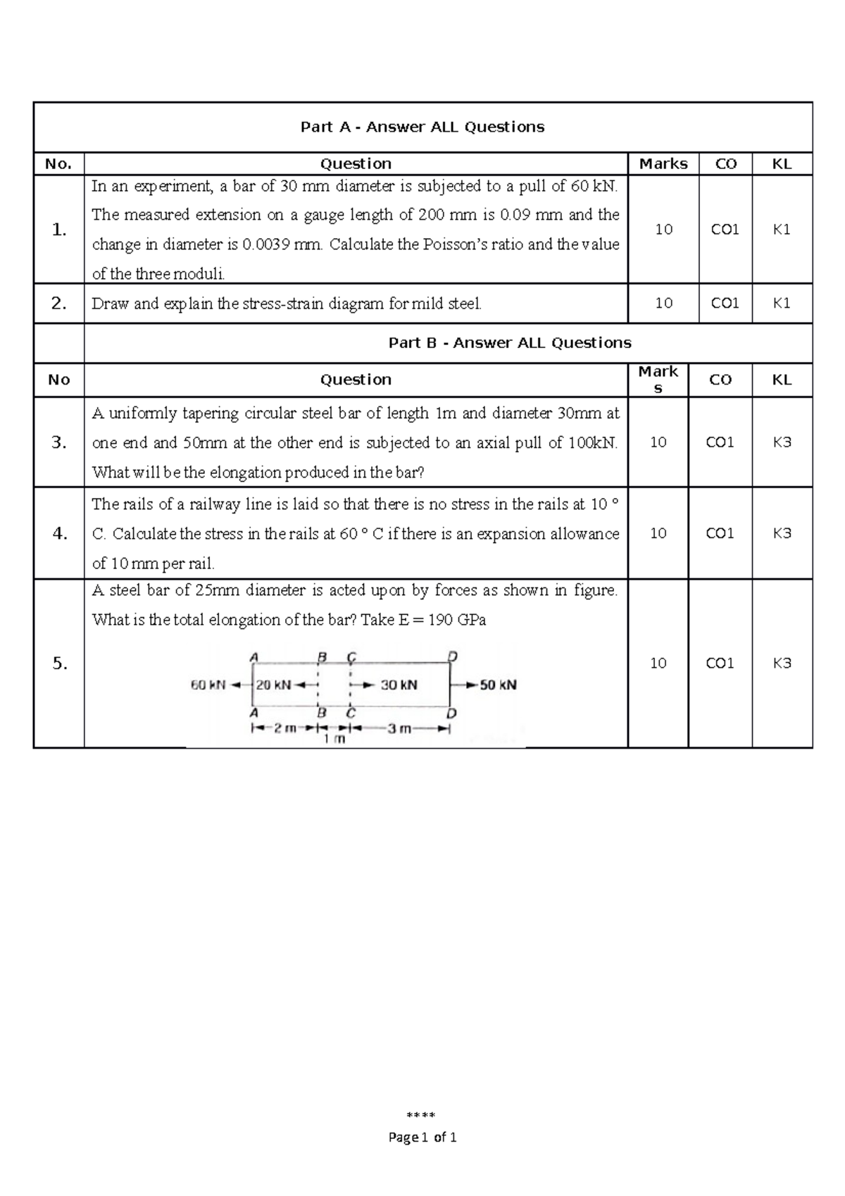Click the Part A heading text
(x=423, y=127)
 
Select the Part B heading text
(x=510, y=343)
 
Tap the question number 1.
(x=59, y=230)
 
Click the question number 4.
(x=60, y=533)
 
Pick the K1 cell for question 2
(x=782, y=303)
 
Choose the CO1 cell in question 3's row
(x=720, y=442)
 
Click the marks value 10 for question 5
(x=658, y=663)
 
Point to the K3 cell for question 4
(x=782, y=533)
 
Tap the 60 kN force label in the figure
(x=208, y=685)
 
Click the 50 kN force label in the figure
(x=499, y=685)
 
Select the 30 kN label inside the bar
(x=399, y=685)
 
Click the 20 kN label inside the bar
(x=273, y=685)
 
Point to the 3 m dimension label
(x=399, y=728)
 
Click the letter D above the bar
(x=453, y=656)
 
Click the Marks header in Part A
(x=663, y=164)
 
